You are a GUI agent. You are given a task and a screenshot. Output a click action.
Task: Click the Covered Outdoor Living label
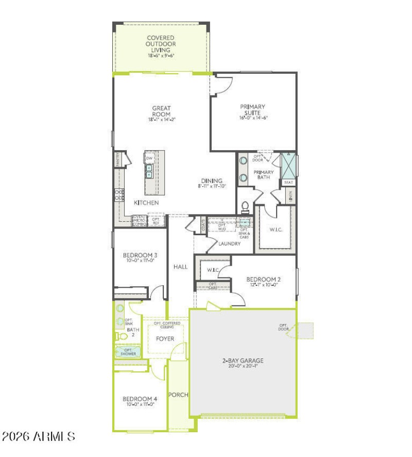(x=161, y=44)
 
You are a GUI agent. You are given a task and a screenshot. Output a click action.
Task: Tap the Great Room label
(x=161, y=111)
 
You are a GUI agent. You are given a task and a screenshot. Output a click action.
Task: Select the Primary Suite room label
(x=253, y=109)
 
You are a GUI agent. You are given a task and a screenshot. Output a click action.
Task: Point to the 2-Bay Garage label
(x=243, y=361)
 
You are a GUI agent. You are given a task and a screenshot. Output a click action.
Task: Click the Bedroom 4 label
(x=140, y=399)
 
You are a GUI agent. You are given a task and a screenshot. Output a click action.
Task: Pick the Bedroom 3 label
(x=140, y=255)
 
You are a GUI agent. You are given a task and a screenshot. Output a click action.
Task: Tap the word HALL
(x=180, y=267)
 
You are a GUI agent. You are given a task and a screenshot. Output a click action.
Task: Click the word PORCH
(x=178, y=395)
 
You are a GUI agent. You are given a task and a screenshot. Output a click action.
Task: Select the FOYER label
(x=165, y=339)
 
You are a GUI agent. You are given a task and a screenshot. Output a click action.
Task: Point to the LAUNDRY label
(x=229, y=243)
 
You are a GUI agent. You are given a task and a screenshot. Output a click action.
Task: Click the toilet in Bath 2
(x=122, y=336)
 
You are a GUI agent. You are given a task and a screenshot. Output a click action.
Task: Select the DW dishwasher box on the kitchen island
(x=149, y=158)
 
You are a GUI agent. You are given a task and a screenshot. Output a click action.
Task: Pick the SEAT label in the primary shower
(x=288, y=183)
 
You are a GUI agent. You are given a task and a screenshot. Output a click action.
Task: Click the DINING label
(x=212, y=181)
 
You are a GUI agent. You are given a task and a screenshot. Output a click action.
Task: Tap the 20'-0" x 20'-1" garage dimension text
(x=243, y=367)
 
